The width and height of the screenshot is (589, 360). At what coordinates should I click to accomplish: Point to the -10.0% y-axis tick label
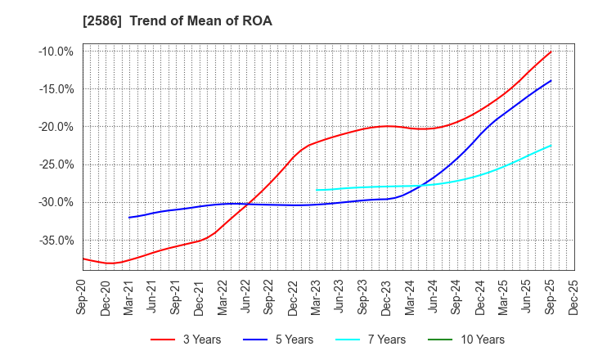tap(56, 52)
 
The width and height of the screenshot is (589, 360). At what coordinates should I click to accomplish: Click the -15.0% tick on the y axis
tap(56, 89)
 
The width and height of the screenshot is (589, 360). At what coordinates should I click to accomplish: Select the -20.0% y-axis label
tap(56, 127)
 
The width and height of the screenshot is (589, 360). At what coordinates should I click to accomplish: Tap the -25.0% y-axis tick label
tap(56, 164)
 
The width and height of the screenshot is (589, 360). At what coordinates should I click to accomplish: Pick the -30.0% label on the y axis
tap(56, 202)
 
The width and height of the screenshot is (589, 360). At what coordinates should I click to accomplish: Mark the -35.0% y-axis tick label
tap(56, 241)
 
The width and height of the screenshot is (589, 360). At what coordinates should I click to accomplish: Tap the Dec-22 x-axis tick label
tap(294, 295)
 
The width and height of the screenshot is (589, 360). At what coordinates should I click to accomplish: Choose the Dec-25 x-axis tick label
tap(574, 295)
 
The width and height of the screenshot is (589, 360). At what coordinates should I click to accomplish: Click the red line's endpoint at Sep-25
tap(551, 52)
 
